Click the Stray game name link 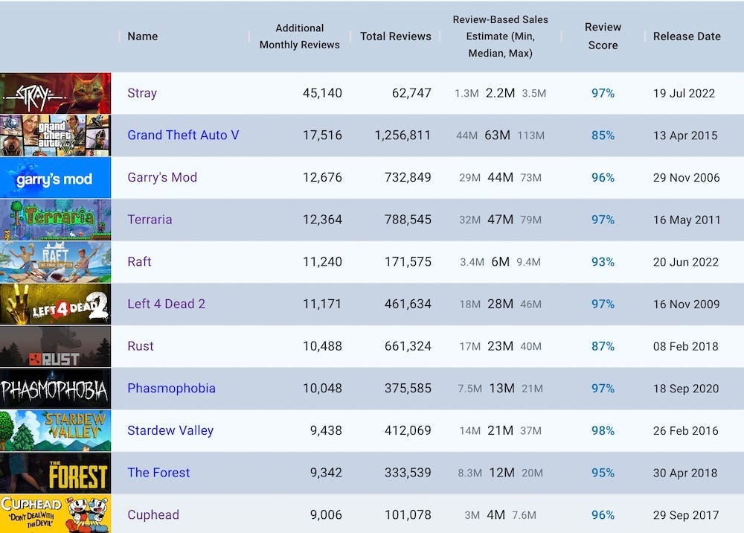point(142,93)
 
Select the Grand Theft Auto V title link point(183,135)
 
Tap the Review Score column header point(603,36)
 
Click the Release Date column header point(687,36)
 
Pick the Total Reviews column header point(395,36)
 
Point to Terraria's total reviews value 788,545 point(403,220)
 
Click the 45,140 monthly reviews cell point(322,93)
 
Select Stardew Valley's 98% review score point(603,430)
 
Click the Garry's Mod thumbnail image point(55,177)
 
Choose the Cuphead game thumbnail point(55,514)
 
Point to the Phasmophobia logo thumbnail point(55,389)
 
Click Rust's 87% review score point(603,346)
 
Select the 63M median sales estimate point(497,135)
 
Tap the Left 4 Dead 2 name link point(166,304)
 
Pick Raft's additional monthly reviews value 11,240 point(322,262)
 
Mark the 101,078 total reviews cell point(403,514)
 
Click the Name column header point(142,36)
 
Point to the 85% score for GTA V point(603,135)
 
